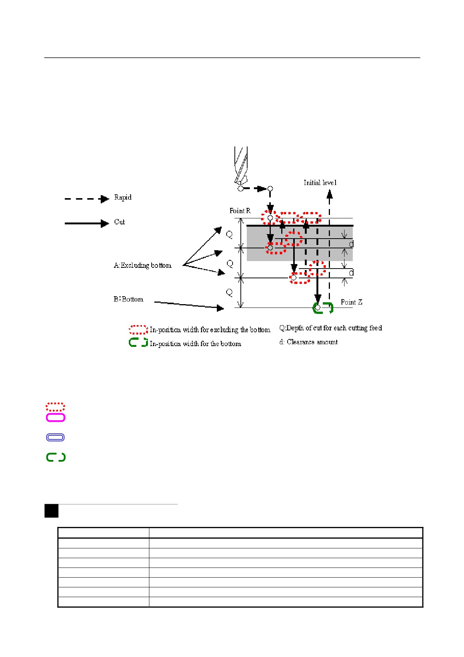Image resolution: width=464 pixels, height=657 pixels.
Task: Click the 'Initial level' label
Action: (x=320, y=183)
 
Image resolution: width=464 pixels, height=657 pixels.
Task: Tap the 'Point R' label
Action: (x=240, y=211)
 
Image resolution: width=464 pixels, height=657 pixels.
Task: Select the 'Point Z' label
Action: (x=351, y=302)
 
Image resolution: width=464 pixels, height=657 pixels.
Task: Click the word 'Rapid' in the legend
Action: (x=123, y=197)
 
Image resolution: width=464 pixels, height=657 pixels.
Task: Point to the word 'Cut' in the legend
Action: (x=119, y=222)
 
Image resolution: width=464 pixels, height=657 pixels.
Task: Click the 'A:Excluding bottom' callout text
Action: (x=143, y=265)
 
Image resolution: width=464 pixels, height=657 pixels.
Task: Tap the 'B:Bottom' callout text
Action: (x=128, y=299)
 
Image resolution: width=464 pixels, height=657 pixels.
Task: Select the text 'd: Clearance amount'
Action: (x=309, y=342)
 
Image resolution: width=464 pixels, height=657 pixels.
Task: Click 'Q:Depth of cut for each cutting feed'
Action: (x=331, y=328)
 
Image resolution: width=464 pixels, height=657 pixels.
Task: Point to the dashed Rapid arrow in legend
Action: (x=87, y=199)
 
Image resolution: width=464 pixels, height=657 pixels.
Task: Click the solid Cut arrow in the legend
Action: (x=87, y=224)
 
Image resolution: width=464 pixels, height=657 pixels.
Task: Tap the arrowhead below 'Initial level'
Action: (x=329, y=194)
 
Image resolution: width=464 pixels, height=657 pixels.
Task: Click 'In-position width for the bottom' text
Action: (x=195, y=343)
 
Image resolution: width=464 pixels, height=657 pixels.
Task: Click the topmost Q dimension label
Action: (x=229, y=234)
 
